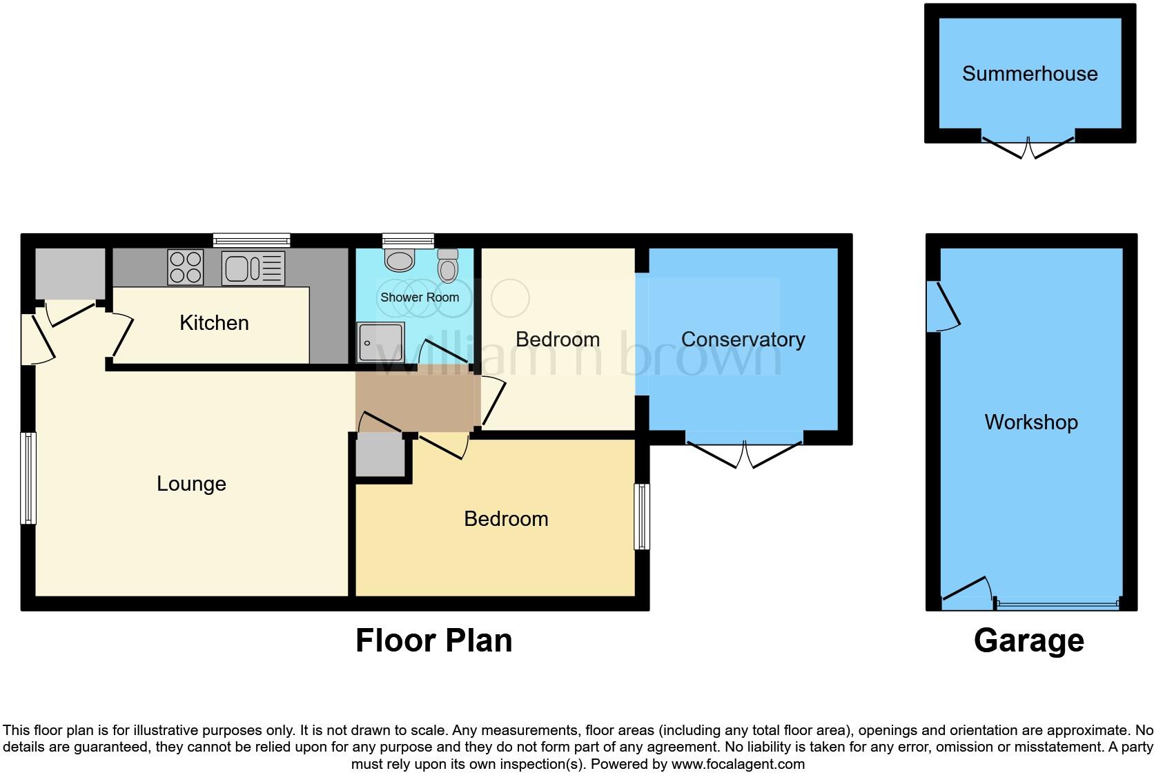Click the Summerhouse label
pyautogui.click(x=1029, y=74)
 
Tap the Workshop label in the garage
pyautogui.click(x=1030, y=422)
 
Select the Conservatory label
pyautogui.click(x=743, y=339)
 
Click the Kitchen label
pyautogui.click(x=214, y=322)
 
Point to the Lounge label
pyautogui.click(x=191, y=483)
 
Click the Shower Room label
pyautogui.click(x=420, y=297)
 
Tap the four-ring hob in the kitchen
pyautogui.click(x=186, y=267)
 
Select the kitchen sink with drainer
pyautogui.click(x=253, y=268)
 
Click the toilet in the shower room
pyautogui.click(x=448, y=266)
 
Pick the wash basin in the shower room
pyautogui.click(x=398, y=261)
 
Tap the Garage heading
pyautogui.click(x=1028, y=640)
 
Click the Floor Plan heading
pyautogui.click(x=433, y=640)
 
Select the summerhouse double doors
pyautogui.click(x=1028, y=146)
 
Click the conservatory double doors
pyautogui.click(x=745, y=452)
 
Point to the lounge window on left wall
pyautogui.click(x=28, y=478)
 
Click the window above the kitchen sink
pyautogui.click(x=251, y=240)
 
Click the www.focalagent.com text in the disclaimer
pyautogui.click(x=738, y=764)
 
